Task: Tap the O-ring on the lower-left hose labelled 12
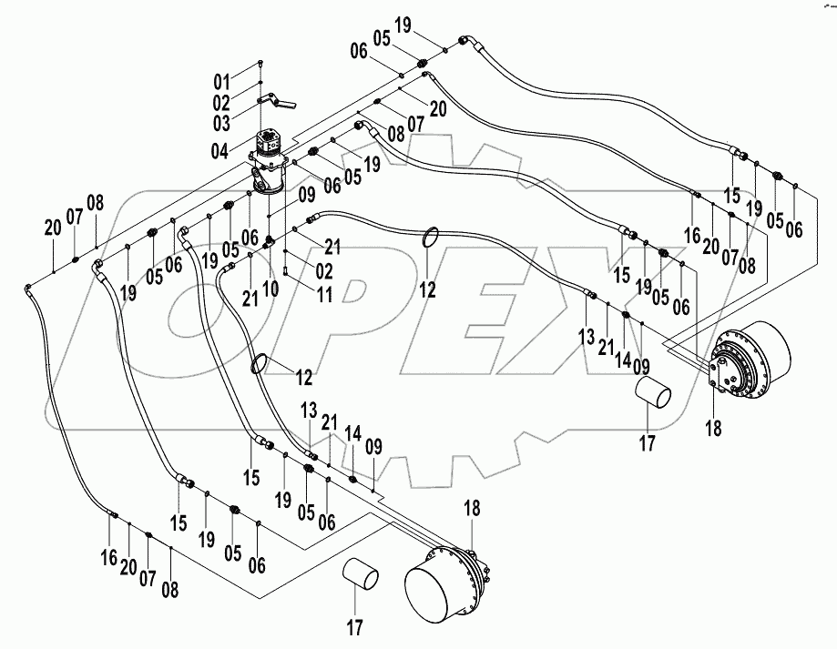point(260,364)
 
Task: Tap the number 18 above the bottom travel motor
point(472,508)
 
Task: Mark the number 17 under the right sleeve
point(647,444)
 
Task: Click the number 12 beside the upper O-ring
point(427,290)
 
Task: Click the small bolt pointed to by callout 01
point(261,61)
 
